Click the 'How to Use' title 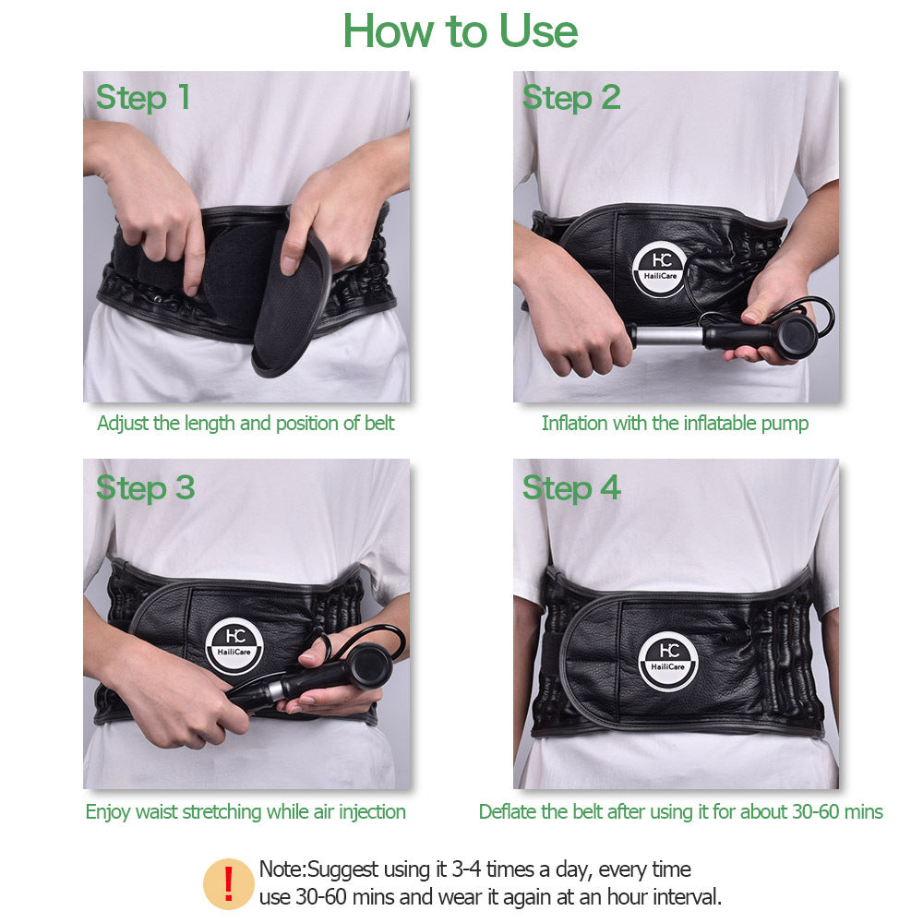[461, 31]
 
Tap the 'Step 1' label [143, 97]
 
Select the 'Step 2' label [571, 97]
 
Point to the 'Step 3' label [145, 487]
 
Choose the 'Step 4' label [571, 487]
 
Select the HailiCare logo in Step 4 [668, 661]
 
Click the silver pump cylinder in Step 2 [663, 334]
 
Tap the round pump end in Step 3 [369, 665]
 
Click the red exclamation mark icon [228, 883]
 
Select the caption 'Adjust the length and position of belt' [246, 424]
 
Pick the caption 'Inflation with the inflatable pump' [675, 424]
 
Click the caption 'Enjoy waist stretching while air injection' [246, 812]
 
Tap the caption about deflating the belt [680, 812]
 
